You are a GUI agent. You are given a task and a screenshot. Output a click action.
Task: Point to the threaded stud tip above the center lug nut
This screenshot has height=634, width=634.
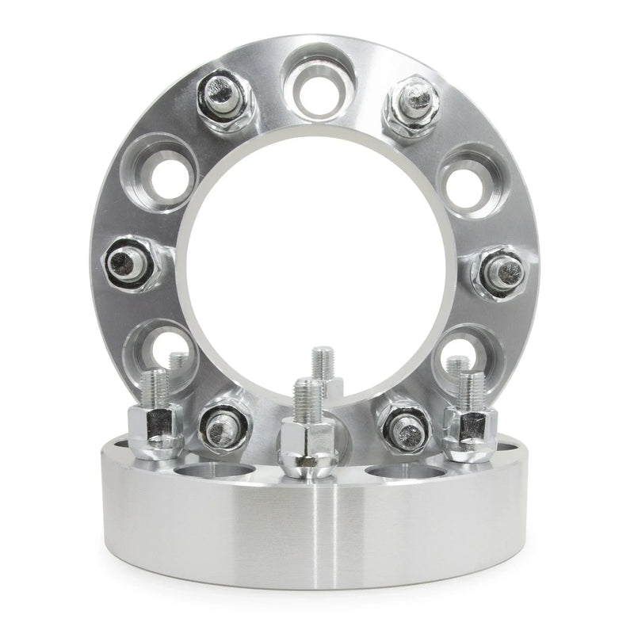(x=307, y=396)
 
